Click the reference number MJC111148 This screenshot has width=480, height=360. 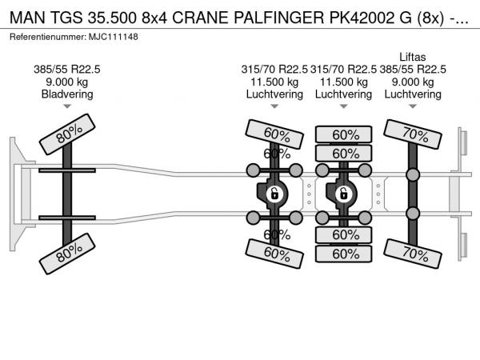tap(114, 37)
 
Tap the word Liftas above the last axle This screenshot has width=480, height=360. tap(413, 57)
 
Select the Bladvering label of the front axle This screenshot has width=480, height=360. tap(67, 94)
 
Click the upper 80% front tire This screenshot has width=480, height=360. tap(67, 134)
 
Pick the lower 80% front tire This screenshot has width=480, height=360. tap(67, 254)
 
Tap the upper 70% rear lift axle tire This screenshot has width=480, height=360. tap(413, 134)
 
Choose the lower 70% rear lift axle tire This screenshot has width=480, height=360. tap(413, 254)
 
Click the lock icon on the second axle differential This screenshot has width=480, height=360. tap(274, 194)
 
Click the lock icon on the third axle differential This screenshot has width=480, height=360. tap(343, 194)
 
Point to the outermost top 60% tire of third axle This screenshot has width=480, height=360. tap(344, 134)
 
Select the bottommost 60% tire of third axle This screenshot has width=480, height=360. tap(344, 254)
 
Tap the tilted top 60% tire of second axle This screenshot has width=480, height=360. tap(274, 134)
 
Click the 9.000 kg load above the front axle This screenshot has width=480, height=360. tap(67, 82)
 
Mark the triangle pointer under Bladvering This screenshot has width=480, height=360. tap(67, 106)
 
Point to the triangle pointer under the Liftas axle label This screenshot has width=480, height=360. tap(413, 106)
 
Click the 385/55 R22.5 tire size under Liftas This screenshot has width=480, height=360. tap(413, 70)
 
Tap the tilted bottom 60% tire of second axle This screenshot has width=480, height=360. tap(274, 254)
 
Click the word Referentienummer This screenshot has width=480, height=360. tap(48, 37)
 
